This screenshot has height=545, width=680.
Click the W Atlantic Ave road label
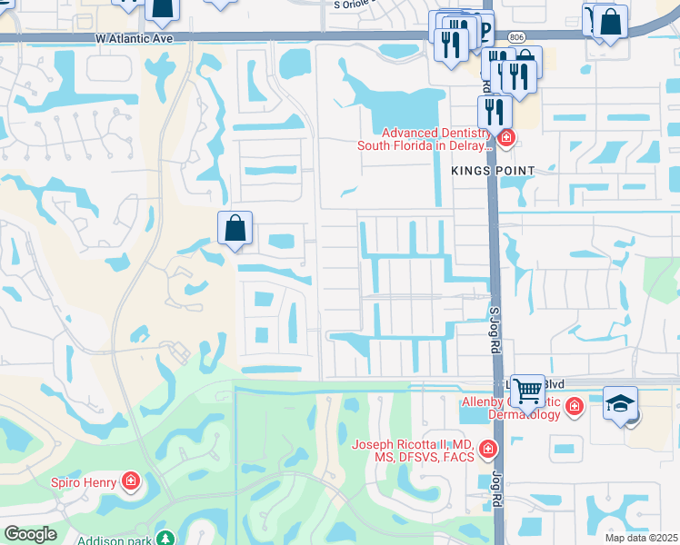tap(133, 38)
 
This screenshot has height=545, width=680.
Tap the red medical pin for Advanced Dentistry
tap(505, 139)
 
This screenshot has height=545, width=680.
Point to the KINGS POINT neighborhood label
tap(492, 171)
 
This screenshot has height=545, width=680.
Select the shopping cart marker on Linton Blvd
tap(527, 391)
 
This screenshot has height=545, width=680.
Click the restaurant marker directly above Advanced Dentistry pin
tap(494, 111)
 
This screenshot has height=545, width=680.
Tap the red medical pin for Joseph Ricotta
tap(488, 450)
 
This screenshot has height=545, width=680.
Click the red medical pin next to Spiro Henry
tap(131, 480)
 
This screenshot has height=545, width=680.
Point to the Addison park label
tap(115, 540)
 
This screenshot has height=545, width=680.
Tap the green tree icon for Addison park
tap(165, 539)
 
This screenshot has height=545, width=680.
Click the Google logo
tap(30, 533)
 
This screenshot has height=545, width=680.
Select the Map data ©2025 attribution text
tap(641, 538)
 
